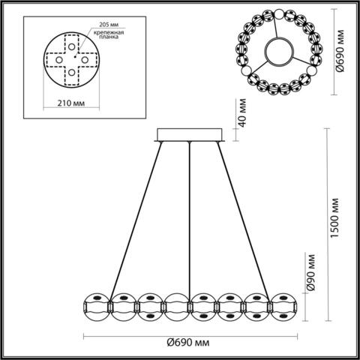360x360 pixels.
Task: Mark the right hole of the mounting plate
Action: (87, 60)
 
